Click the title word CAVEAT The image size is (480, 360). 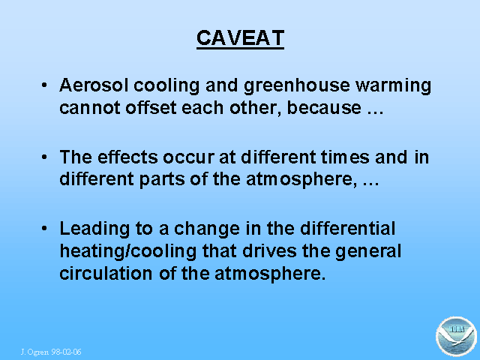point(240,38)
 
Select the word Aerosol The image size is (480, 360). point(94,85)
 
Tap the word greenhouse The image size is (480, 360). point(297,86)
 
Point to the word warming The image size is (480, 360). point(393,86)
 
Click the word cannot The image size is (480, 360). point(90,108)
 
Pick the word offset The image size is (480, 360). point(151,107)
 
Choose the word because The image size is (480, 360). point(324,107)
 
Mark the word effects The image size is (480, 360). point(127,157)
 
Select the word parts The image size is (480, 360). point(162,180)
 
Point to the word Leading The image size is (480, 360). point(94,229)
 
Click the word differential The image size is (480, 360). point(347,228)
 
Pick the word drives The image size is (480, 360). point(270,251)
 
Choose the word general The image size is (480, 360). point(368,252)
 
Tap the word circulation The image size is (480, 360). point(106,273)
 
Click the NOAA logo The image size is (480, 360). point(456,337)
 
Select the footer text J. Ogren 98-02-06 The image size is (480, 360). point(51,352)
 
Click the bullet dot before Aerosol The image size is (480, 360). point(44,85)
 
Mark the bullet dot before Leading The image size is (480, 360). point(44,228)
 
